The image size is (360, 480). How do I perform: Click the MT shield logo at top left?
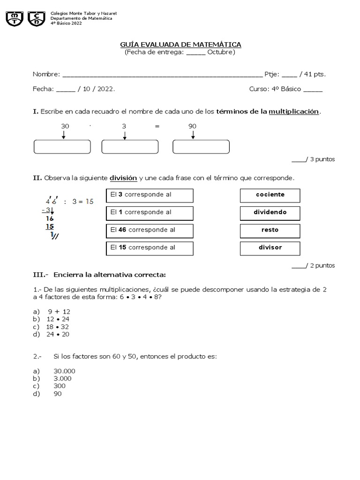[15, 19]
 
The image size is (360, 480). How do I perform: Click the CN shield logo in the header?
[37, 19]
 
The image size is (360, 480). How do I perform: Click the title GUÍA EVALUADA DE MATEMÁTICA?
[180, 45]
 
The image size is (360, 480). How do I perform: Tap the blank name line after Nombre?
[162, 75]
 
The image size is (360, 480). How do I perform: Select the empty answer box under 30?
[62, 147]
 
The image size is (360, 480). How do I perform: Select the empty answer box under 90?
[201, 147]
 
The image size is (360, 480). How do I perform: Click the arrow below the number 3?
[124, 135]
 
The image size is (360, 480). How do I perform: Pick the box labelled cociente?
[270, 195]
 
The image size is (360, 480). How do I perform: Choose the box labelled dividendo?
[270, 212]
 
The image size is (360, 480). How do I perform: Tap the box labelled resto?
[270, 230]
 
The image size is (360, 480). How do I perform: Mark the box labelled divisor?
[270, 247]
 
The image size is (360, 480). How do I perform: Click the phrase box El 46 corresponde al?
[150, 230]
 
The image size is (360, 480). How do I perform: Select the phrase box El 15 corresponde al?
[150, 247]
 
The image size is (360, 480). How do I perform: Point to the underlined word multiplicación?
[293, 112]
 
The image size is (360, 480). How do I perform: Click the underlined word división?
[123, 178]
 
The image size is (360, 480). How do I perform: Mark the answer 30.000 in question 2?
[64, 371]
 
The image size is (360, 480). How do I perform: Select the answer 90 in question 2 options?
[58, 394]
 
